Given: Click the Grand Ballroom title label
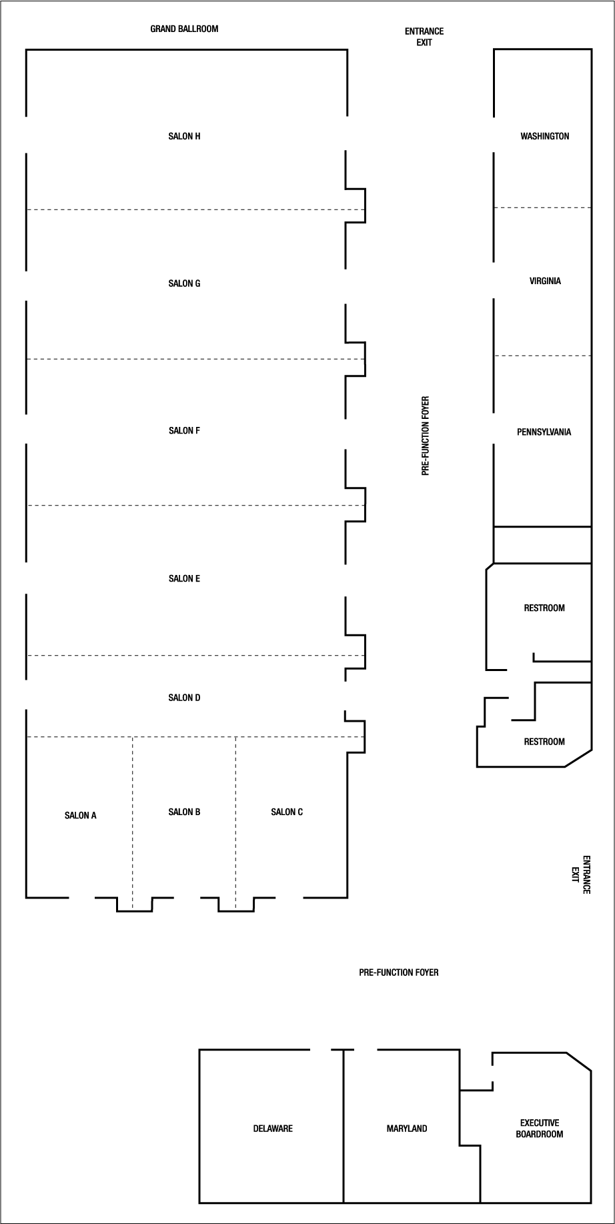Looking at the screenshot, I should pos(184,29).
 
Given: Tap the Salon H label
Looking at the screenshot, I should pos(184,136).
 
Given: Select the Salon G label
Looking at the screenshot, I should pos(184,283).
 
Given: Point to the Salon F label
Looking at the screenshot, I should pos(184,431).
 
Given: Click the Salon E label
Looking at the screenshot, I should pos(184,578).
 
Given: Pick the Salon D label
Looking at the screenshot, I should pos(184,698).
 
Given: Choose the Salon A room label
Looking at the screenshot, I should pos(81,815).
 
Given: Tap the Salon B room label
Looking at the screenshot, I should pos(184,812).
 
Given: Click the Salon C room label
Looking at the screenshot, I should pos(287,812).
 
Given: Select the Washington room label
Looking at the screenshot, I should pos(544,136).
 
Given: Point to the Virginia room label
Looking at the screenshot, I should pos(545,281).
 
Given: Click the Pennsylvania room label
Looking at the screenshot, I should pos(544,432).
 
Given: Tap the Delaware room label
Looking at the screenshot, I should pos(273,1129).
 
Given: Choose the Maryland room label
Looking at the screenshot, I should pos(406,1129).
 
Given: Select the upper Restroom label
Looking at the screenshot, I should pos(544,608).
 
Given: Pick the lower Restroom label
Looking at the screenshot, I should pos(544,741).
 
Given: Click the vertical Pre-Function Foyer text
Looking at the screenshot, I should pos(426,436).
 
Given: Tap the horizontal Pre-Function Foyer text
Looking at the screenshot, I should pos(398,973).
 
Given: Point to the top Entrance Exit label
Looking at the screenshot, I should pos(424,37).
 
